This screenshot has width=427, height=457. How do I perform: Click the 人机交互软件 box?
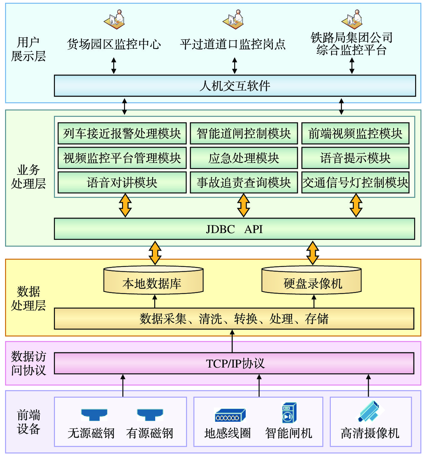235,86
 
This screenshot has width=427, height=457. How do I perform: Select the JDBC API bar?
234,229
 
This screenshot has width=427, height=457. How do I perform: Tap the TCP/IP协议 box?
234,363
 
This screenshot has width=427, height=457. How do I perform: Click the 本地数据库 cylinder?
153,281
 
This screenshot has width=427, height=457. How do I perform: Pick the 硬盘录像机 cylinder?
311,281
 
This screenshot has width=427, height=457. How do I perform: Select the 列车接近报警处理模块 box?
122,133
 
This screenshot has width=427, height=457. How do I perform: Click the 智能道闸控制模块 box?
244,133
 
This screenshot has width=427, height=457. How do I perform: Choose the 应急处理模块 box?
244,158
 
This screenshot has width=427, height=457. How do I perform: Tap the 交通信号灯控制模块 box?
355,183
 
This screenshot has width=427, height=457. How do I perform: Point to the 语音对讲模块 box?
122,183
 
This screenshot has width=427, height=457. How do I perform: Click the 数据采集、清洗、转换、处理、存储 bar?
234,319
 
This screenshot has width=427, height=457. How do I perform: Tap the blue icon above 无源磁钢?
94,415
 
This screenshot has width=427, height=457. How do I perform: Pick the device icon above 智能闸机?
289,413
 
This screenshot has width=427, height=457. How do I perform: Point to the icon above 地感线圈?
230,415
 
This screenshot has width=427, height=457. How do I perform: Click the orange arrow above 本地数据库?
155,253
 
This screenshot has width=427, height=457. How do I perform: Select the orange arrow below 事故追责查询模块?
243,205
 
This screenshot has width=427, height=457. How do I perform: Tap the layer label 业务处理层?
28,177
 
